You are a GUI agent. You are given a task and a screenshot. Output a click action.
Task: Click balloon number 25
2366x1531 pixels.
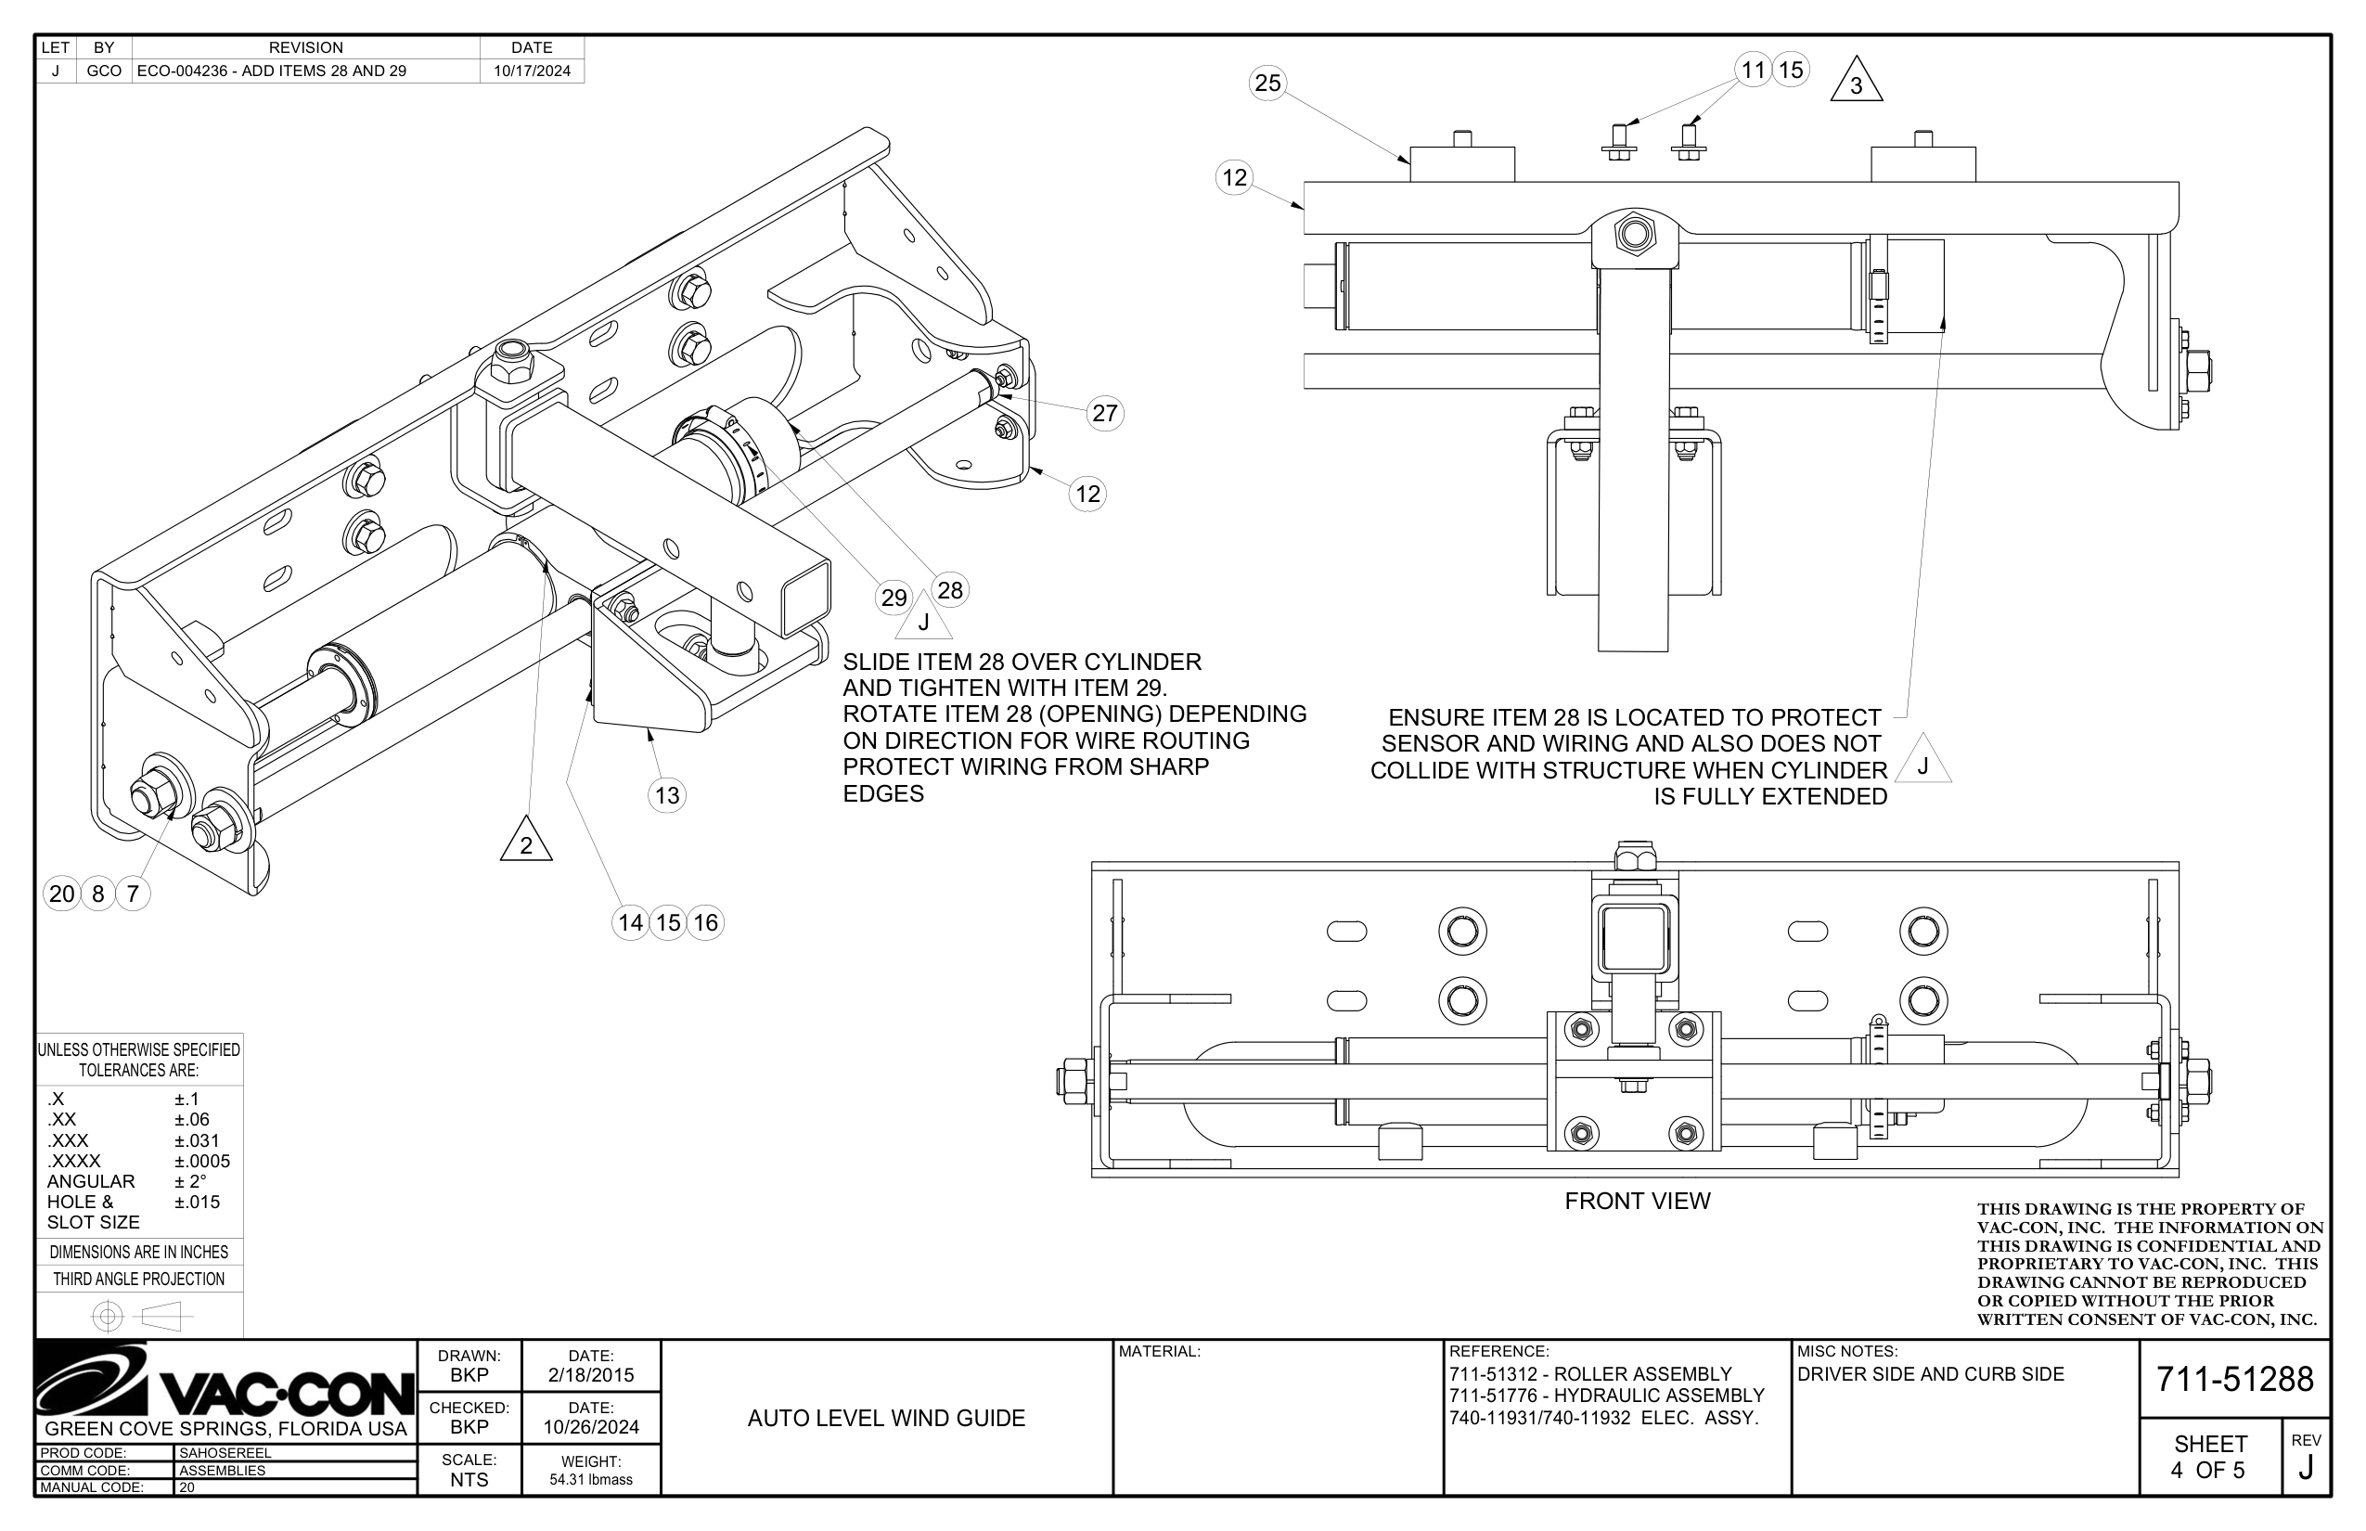1267,83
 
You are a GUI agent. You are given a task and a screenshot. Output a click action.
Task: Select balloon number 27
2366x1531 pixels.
1104,413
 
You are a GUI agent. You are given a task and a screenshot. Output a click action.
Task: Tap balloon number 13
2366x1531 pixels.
667,794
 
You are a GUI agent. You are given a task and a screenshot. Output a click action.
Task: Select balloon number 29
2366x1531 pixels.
894,598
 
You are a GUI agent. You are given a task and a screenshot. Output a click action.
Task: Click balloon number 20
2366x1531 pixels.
61,894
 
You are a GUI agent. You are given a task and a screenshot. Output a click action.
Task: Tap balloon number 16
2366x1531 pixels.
706,922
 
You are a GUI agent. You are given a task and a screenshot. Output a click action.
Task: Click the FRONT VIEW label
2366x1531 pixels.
1637,1201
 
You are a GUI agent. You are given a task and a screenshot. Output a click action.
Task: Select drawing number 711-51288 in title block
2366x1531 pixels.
2234,1379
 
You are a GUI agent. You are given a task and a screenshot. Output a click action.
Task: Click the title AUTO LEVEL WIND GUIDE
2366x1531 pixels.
886,1418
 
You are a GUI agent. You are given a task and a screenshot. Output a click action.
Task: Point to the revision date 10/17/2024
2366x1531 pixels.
532,71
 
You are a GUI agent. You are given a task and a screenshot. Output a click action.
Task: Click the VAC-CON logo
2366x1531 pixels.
225,1382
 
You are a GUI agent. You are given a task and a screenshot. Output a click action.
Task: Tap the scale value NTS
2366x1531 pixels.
469,1479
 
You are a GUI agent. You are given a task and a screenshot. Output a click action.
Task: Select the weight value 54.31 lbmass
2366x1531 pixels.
590,1479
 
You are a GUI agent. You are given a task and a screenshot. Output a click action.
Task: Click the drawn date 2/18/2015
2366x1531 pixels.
590,1375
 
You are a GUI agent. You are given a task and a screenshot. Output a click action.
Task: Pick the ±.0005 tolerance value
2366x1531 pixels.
202,1160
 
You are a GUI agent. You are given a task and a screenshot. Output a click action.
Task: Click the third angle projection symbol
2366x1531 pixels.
140,1318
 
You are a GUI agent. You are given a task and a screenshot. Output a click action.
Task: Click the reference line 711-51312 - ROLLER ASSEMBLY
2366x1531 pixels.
1589,1374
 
